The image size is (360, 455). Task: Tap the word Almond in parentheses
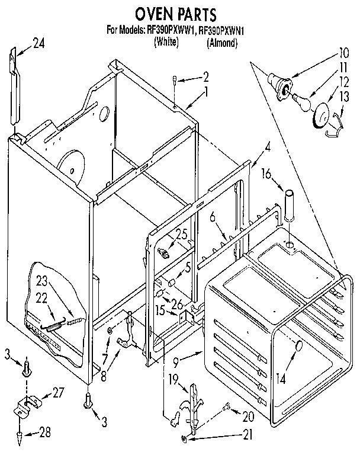click(222, 42)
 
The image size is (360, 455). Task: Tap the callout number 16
click(268, 173)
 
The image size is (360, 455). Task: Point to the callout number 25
click(181, 234)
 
